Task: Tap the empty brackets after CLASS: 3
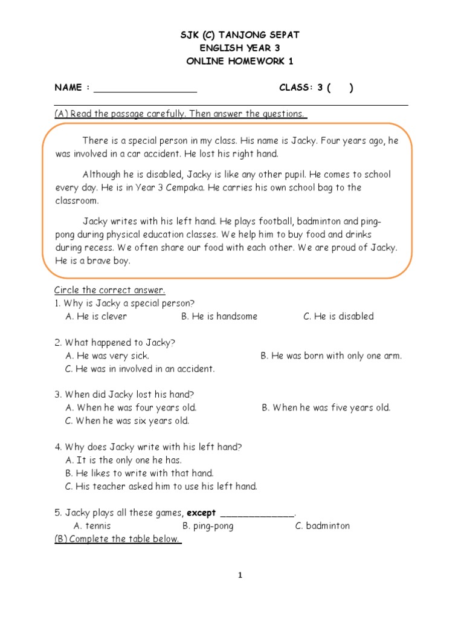click(x=340, y=88)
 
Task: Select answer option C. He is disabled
click(x=338, y=316)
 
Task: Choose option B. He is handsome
click(x=219, y=316)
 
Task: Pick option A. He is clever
click(x=96, y=316)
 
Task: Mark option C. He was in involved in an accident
click(x=140, y=369)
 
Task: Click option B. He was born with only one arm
click(x=331, y=356)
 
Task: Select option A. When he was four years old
click(x=130, y=408)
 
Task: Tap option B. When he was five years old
click(x=326, y=408)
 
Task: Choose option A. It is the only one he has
click(x=123, y=460)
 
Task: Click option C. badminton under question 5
click(x=322, y=526)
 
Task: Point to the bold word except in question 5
click(x=201, y=513)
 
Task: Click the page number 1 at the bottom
click(x=240, y=575)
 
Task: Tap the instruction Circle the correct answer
click(x=109, y=290)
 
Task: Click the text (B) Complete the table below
click(x=118, y=539)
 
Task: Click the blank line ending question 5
click(x=257, y=514)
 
